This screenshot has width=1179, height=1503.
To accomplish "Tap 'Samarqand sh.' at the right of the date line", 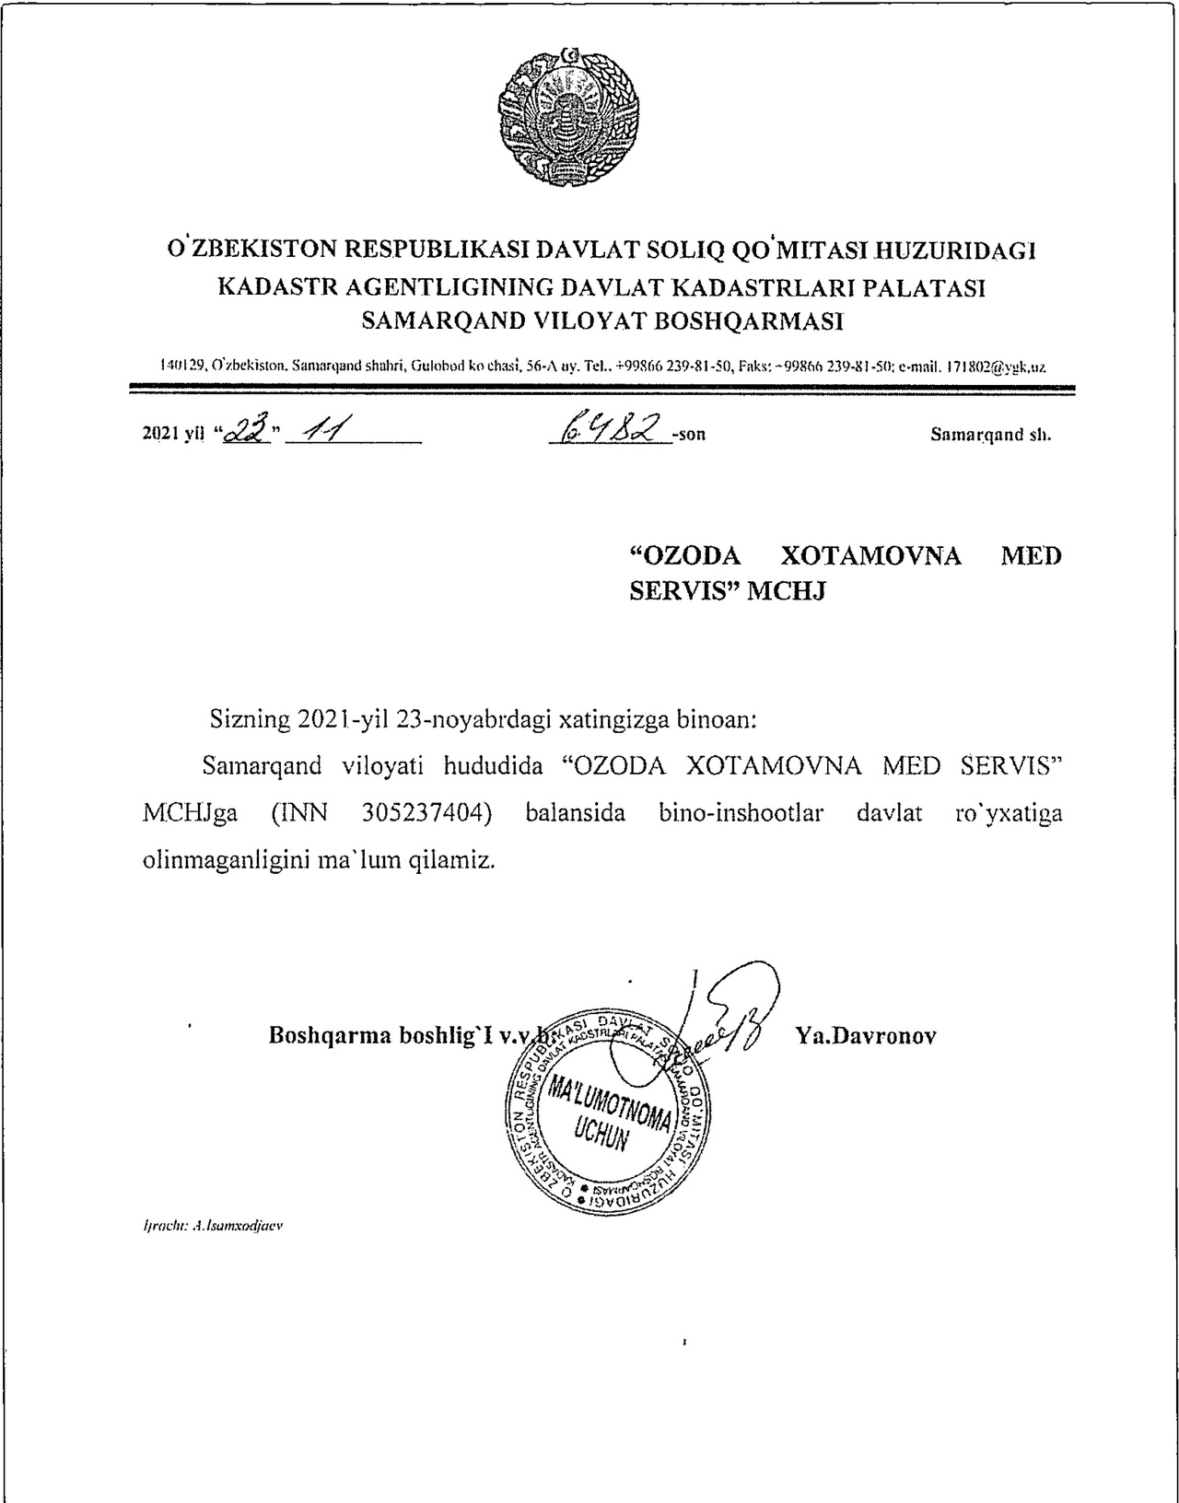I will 990,434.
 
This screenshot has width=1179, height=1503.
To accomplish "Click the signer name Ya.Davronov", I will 865,1035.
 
